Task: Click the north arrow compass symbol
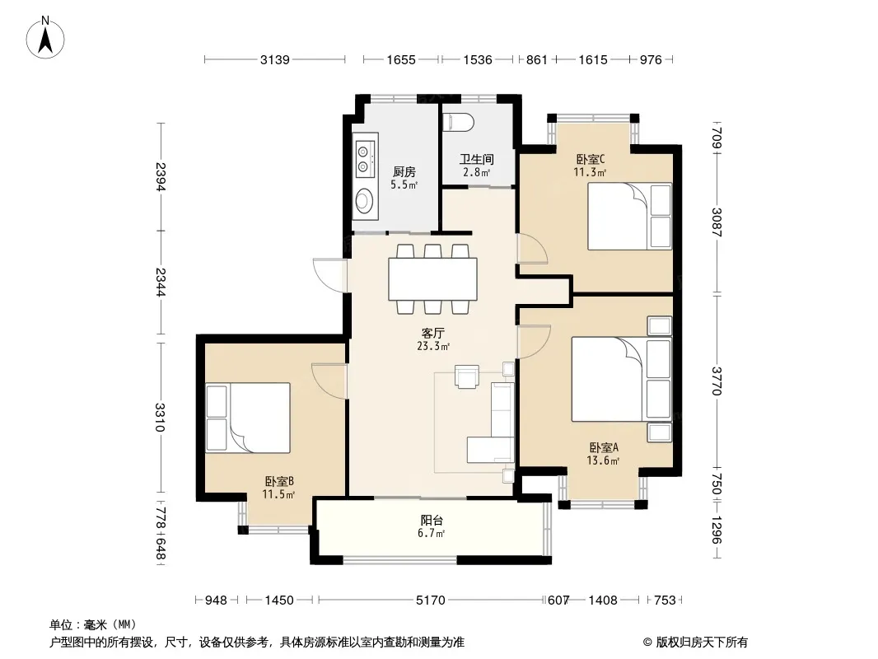point(45,38)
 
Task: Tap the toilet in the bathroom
point(458,123)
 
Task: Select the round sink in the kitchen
point(365,200)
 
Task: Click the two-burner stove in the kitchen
point(364,158)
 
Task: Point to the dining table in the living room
point(433,278)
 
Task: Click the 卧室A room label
point(603,447)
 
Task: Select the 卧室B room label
point(279,481)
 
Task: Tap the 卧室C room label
point(591,159)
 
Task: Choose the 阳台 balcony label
point(432,520)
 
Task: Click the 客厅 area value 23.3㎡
point(433,346)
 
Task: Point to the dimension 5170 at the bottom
point(430,601)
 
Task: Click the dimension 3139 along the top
point(274,59)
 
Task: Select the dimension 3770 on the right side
point(717,381)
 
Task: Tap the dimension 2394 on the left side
point(161,176)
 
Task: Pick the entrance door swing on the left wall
point(329,273)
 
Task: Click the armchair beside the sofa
point(467,376)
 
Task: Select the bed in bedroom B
point(247,418)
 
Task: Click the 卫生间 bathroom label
point(477,159)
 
